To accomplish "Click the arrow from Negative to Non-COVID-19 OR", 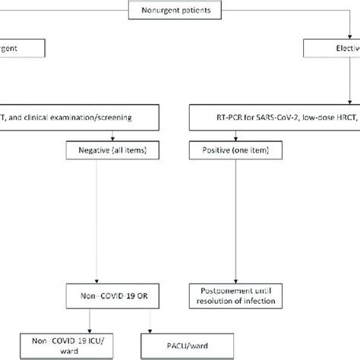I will (96, 220).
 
